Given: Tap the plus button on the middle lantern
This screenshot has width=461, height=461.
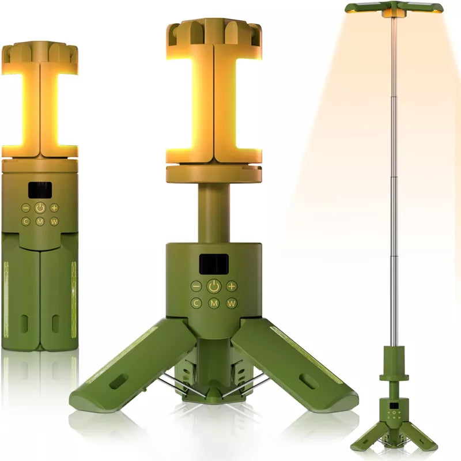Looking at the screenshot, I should coord(231,285).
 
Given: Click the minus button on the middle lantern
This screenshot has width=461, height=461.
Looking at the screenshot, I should coord(197,285).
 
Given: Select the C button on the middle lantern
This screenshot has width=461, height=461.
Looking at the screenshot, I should coord(197,303).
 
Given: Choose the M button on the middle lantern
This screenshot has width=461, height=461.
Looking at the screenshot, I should coord(214,303).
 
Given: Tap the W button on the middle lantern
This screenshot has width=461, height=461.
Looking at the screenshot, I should coord(231,303).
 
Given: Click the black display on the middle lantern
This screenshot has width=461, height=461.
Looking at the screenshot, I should coord(213,263).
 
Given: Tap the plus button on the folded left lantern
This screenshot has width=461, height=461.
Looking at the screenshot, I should coord(54,207).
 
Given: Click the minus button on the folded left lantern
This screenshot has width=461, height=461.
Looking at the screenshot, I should coord(26,207).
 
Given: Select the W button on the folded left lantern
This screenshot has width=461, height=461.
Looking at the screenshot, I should coord(54,221).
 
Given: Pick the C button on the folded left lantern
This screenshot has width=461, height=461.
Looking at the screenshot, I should coord(26,221).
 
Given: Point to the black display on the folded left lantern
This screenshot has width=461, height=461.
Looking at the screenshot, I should coord(40,190).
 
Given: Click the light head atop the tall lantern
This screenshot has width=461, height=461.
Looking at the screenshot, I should coord(394,8).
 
